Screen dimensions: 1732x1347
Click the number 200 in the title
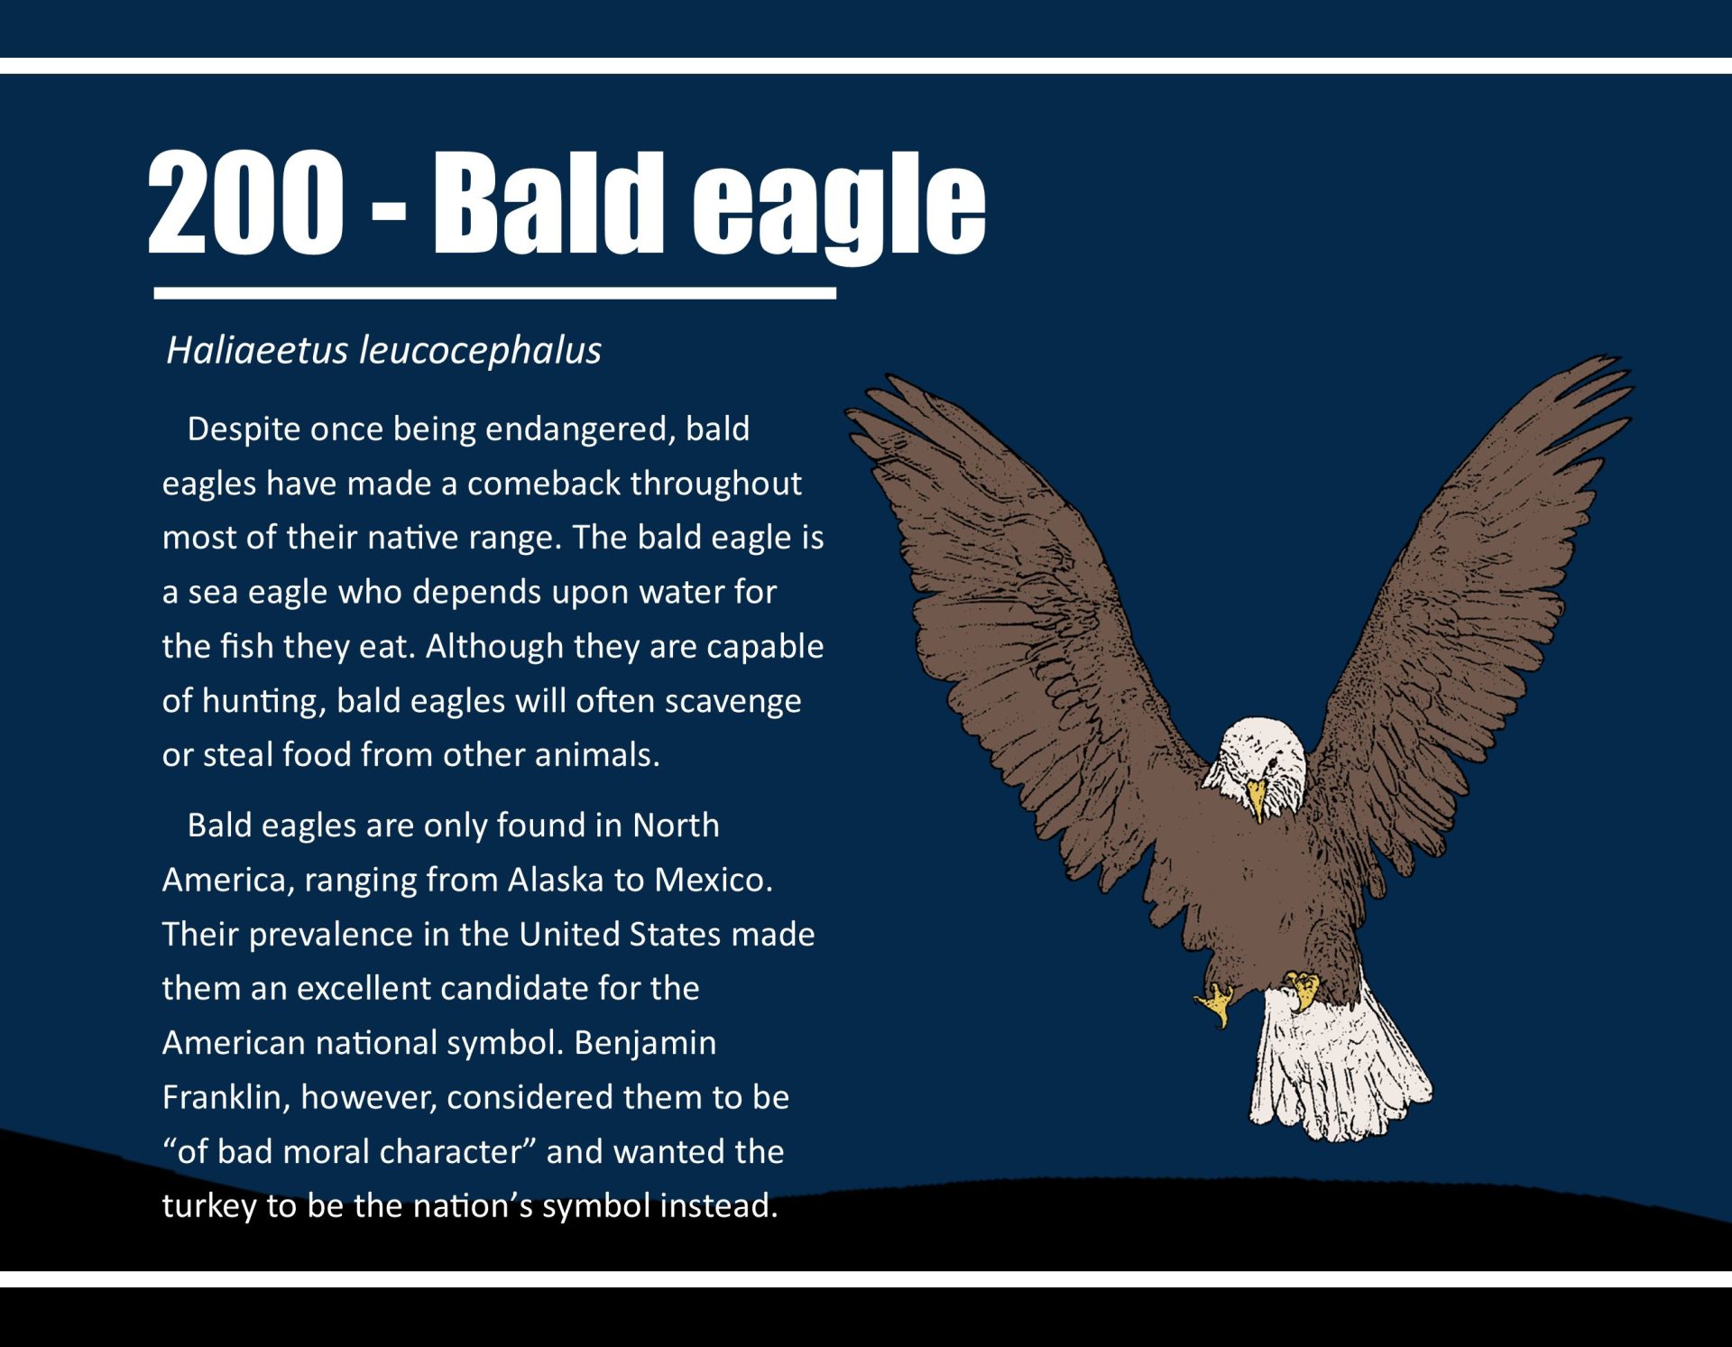pos(245,201)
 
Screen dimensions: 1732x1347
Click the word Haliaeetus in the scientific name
pos(257,350)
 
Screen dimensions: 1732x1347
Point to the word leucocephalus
pos(481,351)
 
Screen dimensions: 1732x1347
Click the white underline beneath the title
pos(495,293)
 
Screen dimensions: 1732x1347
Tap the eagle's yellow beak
pos(1257,799)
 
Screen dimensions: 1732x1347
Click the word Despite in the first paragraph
pos(244,430)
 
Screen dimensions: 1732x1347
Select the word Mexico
pos(714,880)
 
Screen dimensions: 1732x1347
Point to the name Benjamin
pos(645,1044)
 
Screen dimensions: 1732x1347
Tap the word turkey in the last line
pos(209,1206)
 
